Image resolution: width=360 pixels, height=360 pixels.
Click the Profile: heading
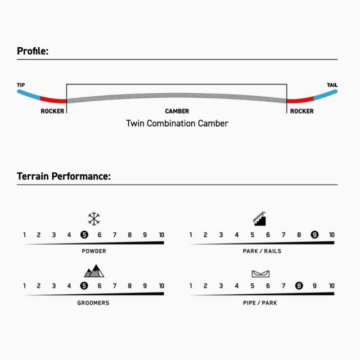[33, 51]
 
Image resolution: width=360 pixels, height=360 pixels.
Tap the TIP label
[21, 85]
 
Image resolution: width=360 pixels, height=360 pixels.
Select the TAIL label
[332, 85]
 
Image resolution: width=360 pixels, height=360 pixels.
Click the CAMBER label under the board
[177, 111]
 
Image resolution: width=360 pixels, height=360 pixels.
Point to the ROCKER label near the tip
[52, 111]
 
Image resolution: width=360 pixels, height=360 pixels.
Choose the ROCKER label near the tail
[302, 111]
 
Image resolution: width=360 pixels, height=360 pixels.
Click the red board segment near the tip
[53, 100]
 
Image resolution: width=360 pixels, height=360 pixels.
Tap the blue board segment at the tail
[326, 95]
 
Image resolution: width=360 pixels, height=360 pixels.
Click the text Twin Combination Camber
[177, 124]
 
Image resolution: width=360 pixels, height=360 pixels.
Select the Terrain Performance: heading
[64, 176]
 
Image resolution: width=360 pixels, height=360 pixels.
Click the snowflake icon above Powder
[94, 219]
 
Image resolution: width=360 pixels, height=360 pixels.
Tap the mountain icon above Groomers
[94, 271]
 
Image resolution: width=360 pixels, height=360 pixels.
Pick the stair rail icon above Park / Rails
[259, 219]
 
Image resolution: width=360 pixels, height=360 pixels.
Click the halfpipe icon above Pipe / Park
[260, 274]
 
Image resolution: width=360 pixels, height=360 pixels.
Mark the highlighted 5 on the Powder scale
[84, 235]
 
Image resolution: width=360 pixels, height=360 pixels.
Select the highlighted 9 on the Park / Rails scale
[314, 235]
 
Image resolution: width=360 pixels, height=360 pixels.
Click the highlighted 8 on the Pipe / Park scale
[299, 286]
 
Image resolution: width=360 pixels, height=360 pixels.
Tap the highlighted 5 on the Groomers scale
[84, 286]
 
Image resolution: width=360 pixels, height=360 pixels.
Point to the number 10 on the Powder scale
[161, 235]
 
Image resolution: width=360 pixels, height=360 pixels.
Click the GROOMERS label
[93, 303]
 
